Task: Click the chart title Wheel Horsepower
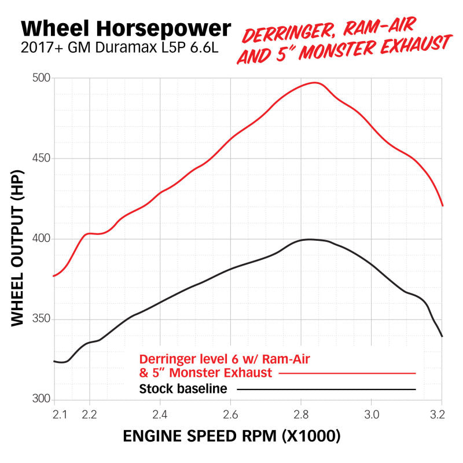[126, 28]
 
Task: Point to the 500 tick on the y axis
[42, 78]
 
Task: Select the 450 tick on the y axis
[42, 159]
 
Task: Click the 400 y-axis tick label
[42, 239]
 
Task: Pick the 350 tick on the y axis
[42, 319]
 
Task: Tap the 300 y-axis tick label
[42, 400]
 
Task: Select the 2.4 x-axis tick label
[160, 414]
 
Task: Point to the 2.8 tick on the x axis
[301, 414]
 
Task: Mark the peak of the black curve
[309, 239]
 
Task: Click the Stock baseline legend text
[183, 389]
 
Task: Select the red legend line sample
[347, 373]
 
